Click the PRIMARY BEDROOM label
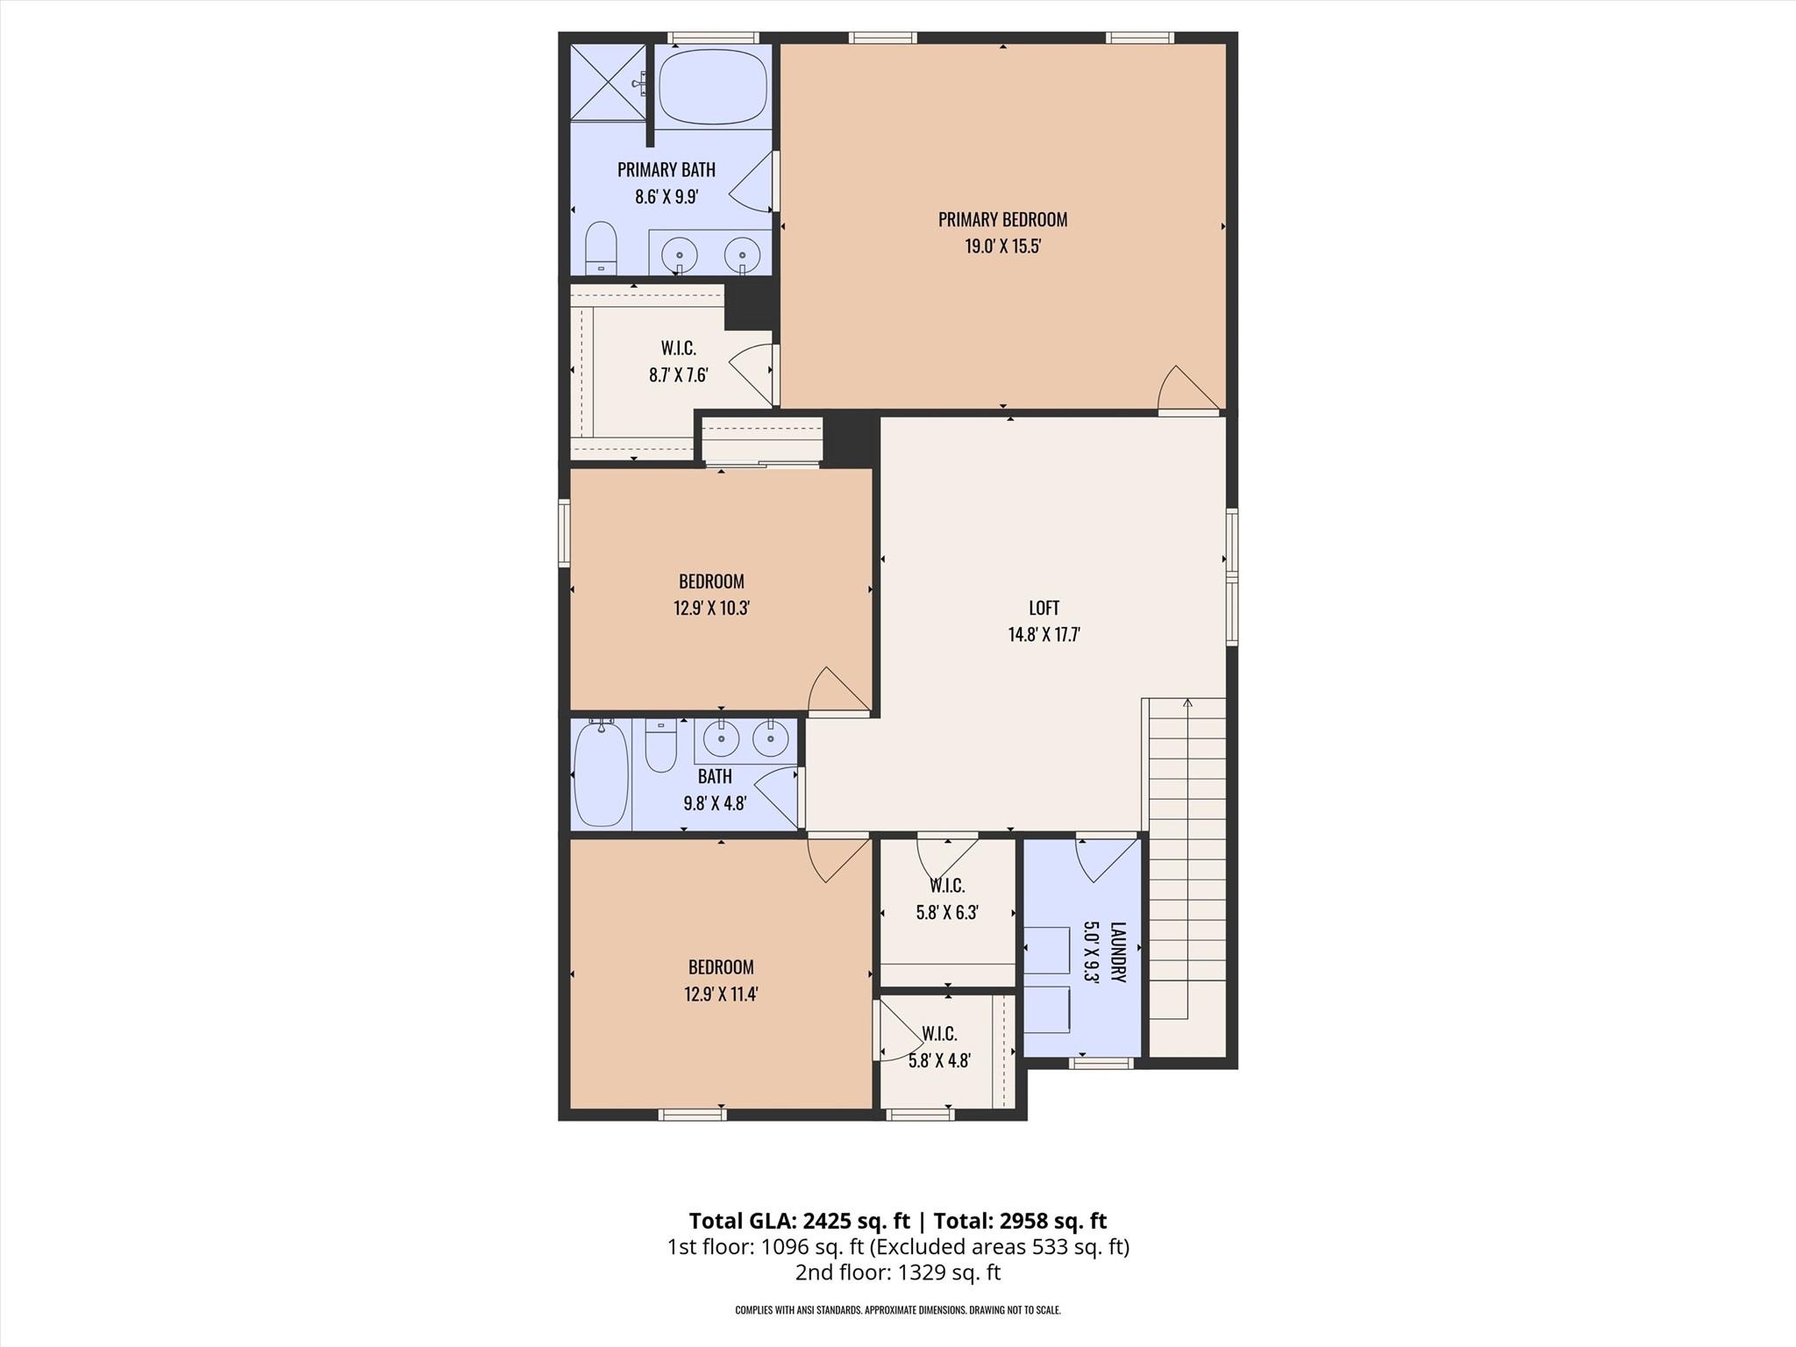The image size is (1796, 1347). click(x=1002, y=219)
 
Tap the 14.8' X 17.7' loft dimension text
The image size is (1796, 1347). click(x=1044, y=635)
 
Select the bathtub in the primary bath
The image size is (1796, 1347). click(x=712, y=86)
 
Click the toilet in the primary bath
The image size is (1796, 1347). click(x=601, y=247)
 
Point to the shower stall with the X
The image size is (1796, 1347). click(x=608, y=82)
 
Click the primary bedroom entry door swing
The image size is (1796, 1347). click(x=1187, y=390)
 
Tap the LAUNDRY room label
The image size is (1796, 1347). click(x=1117, y=951)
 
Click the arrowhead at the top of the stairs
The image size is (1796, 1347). click(x=1187, y=702)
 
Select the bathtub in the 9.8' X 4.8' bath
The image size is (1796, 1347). click(x=601, y=773)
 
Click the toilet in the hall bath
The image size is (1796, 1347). click(x=660, y=745)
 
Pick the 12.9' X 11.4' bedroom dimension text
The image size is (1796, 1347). click(x=721, y=994)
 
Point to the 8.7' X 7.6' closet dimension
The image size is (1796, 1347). click(x=678, y=375)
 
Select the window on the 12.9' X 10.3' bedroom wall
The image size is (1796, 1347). click(x=565, y=532)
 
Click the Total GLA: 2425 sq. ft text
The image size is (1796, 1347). click(x=799, y=1221)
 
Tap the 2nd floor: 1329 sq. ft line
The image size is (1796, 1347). click(x=897, y=1272)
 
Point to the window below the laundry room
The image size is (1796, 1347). click(x=1101, y=1064)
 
